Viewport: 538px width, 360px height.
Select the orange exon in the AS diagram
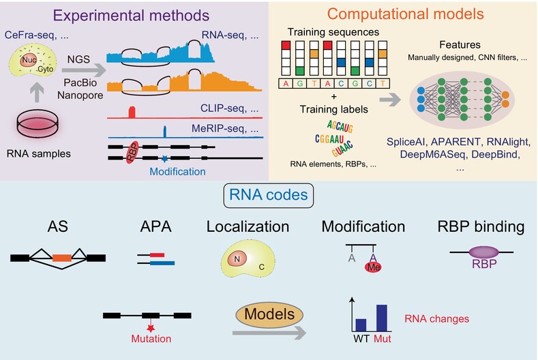pyautogui.click(x=62, y=258)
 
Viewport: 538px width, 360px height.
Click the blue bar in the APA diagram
pyautogui.click(x=158, y=262)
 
